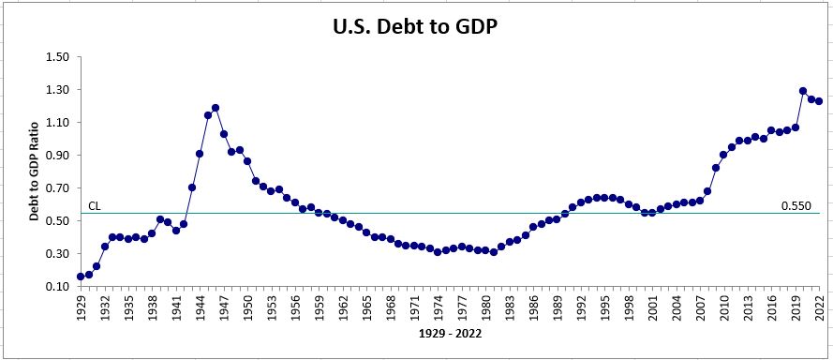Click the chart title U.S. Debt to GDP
pyautogui.click(x=416, y=27)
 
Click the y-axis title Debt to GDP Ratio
pyautogui.click(x=34, y=172)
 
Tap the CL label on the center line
pyautogui.click(x=94, y=205)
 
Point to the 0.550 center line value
pyautogui.click(x=796, y=205)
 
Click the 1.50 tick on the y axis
pyautogui.click(x=57, y=57)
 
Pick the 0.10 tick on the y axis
pyautogui.click(x=57, y=287)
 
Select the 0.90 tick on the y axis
pyautogui.click(x=57, y=156)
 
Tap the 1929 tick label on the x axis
pyautogui.click(x=81, y=308)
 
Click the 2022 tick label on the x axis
pyautogui.click(x=819, y=308)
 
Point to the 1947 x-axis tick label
pyautogui.click(x=224, y=308)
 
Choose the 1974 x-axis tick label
pyautogui.click(x=438, y=308)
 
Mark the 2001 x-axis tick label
pyautogui.click(x=652, y=308)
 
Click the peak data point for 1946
pyautogui.click(x=216, y=108)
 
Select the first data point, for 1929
pyautogui.click(x=81, y=277)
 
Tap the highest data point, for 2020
pyautogui.click(x=803, y=91)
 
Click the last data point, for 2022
pyautogui.click(x=819, y=101)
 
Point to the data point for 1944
pyautogui.click(x=200, y=154)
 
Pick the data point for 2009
pyautogui.click(x=716, y=168)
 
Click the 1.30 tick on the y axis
pyautogui.click(x=57, y=90)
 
